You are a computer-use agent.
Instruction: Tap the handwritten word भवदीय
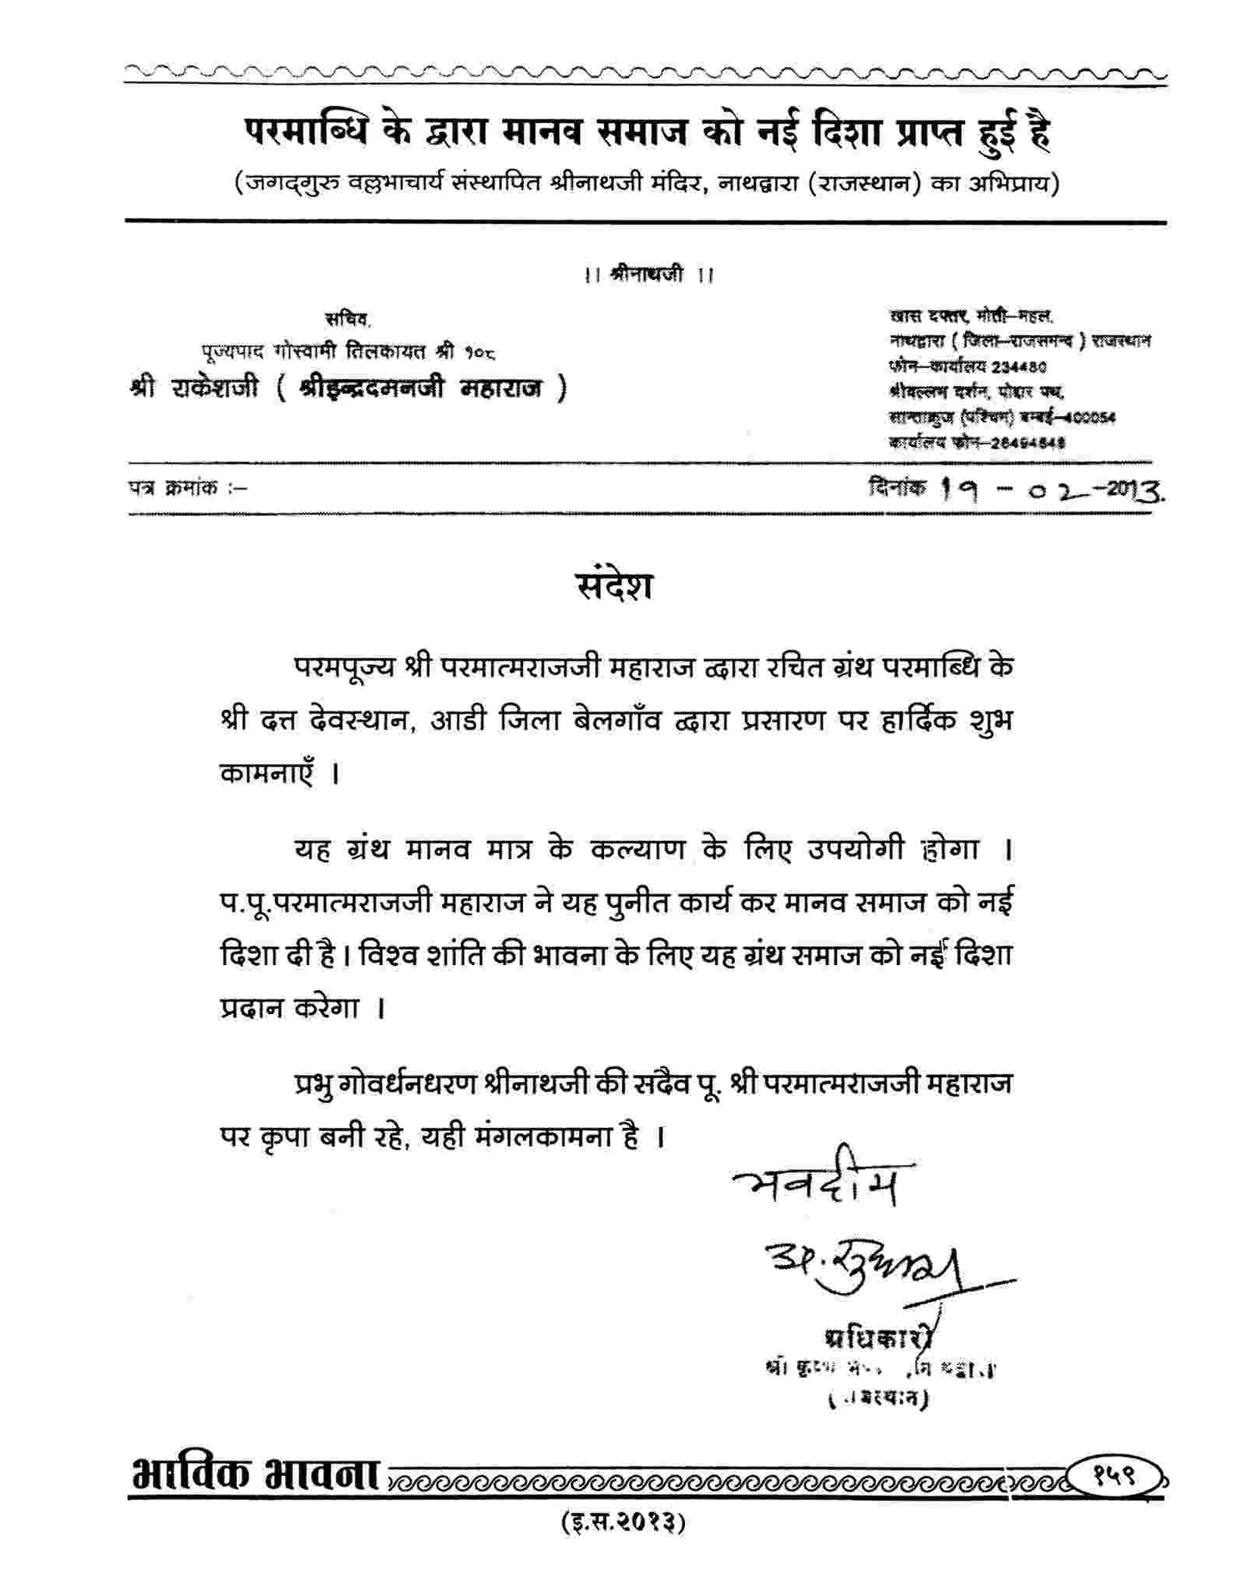[x=818, y=1181]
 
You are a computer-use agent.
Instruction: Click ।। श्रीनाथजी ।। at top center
[x=648, y=274]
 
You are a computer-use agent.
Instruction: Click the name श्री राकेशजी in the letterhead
[x=195, y=387]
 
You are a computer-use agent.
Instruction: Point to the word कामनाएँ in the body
[x=268, y=773]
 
